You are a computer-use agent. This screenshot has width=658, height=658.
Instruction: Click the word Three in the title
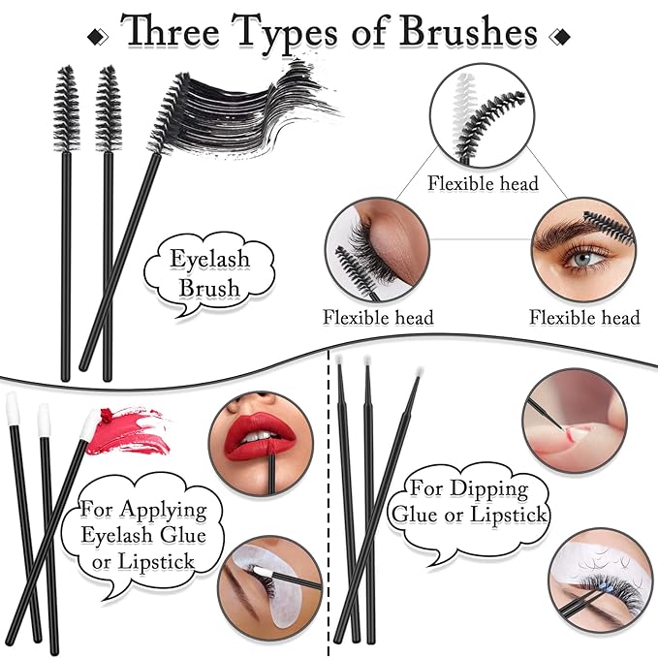(x=180, y=32)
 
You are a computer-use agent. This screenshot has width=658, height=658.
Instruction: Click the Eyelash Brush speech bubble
(x=208, y=274)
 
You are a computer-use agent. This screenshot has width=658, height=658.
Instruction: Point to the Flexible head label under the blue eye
(x=584, y=317)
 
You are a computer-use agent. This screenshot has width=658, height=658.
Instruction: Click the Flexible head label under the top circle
(x=483, y=184)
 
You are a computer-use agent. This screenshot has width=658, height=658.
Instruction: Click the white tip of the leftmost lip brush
(x=13, y=408)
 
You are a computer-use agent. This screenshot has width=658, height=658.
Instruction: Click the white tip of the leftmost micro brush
(x=341, y=362)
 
